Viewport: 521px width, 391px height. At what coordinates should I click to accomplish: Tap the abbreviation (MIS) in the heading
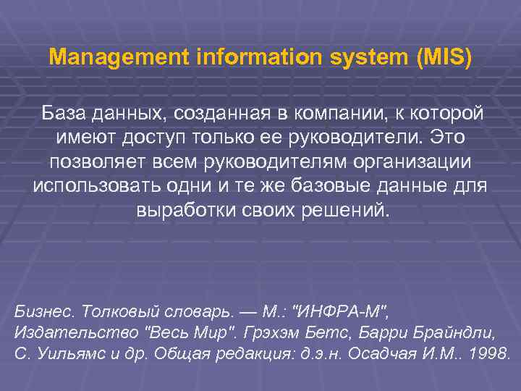[x=444, y=56]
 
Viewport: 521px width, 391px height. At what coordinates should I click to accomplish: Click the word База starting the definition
[x=64, y=114]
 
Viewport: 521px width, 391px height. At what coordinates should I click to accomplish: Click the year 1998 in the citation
[x=492, y=354]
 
